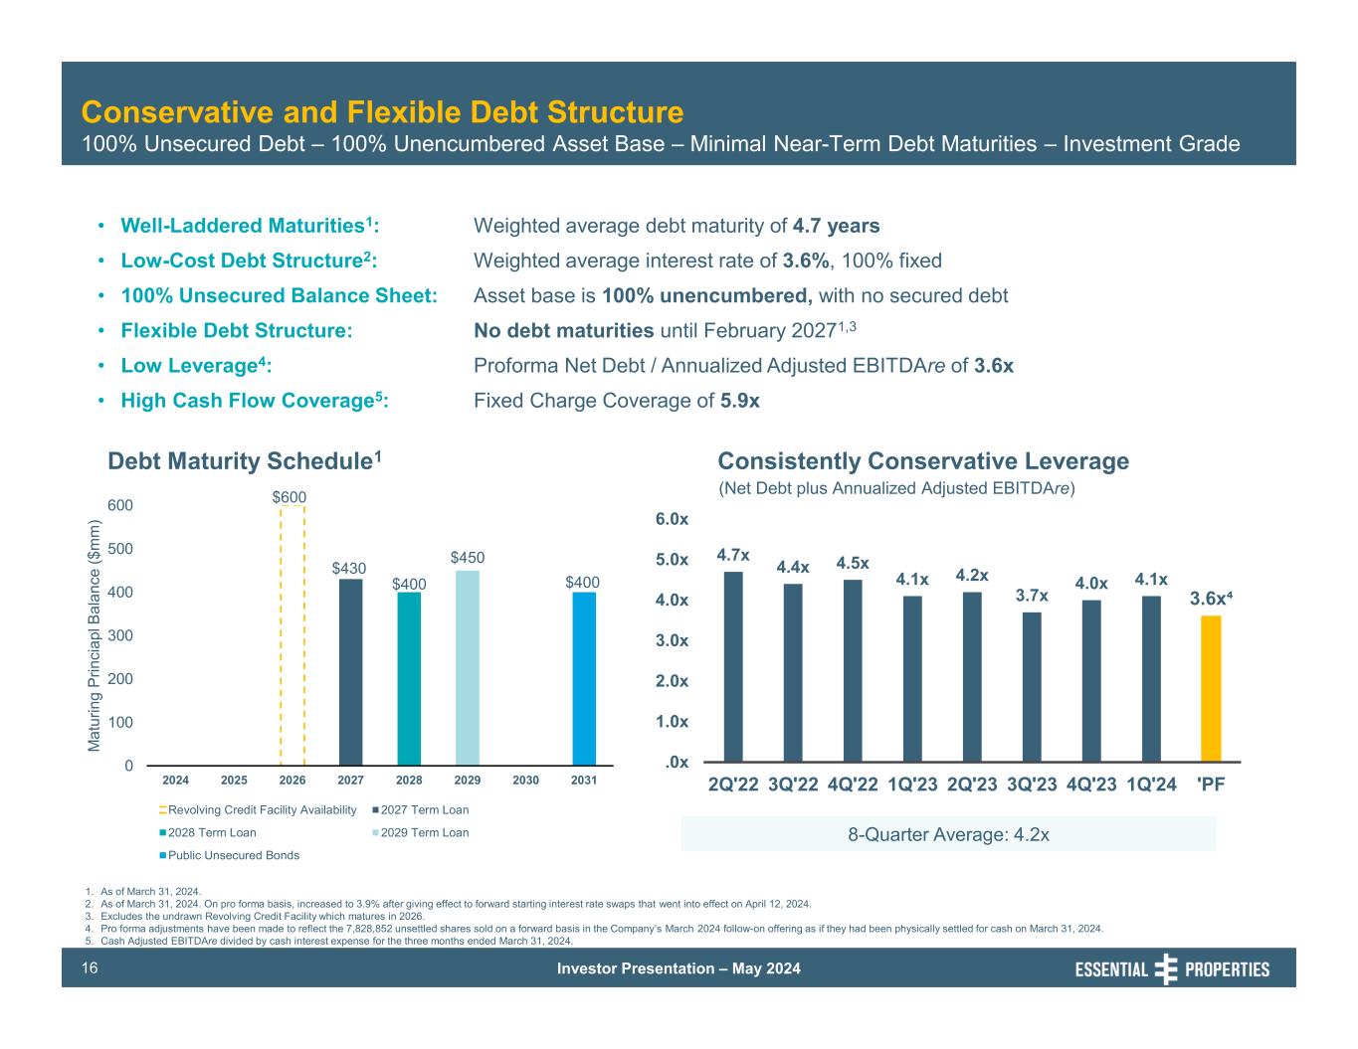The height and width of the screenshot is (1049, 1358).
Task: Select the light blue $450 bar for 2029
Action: pos(468,667)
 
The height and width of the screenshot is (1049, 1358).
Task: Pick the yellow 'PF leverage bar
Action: pos(1211,688)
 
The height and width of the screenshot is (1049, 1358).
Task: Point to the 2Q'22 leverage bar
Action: pos(733,666)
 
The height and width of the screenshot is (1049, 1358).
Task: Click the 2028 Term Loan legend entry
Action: pos(211,833)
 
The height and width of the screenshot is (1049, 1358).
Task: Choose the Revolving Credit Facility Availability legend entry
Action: pos(262,810)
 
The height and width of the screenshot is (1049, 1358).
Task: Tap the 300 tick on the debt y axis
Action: pos(120,635)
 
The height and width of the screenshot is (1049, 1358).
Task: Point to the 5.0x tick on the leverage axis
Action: pos(672,560)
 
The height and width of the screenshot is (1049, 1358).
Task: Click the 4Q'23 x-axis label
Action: pos(1091,784)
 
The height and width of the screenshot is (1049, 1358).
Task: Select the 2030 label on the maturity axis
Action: pos(525,781)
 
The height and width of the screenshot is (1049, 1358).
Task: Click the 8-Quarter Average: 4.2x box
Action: pos(948,834)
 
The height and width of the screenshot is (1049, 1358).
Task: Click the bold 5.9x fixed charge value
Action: pos(739,401)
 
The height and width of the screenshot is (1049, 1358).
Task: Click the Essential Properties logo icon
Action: pos(1166,968)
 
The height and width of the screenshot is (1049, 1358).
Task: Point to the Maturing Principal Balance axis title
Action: pos(96,636)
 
